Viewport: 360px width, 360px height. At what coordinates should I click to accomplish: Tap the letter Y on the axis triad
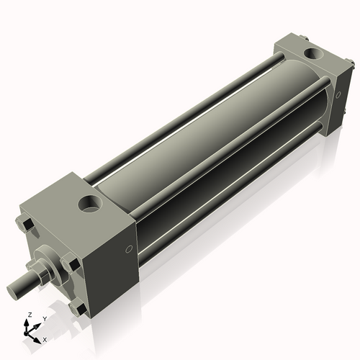tap(44, 318)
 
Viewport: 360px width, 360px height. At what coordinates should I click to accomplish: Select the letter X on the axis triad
tap(45, 338)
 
